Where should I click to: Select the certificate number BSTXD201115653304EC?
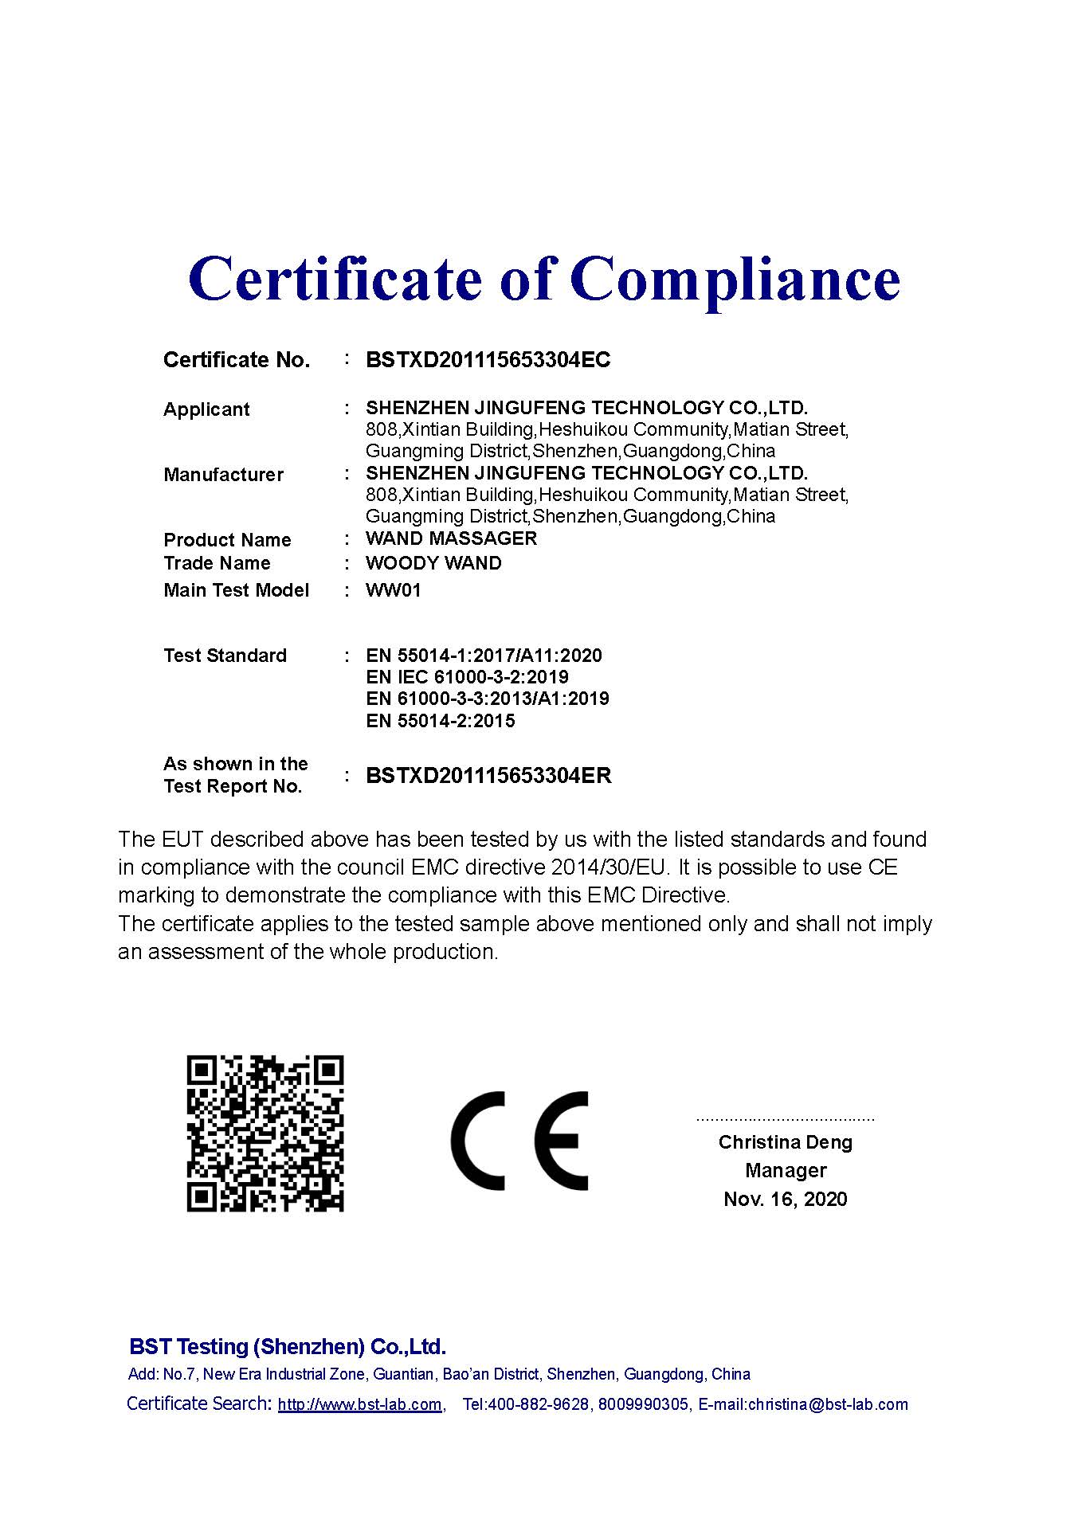[488, 360]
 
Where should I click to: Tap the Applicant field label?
[206, 409]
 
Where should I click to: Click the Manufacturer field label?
[223, 475]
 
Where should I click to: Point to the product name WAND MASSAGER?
[451, 538]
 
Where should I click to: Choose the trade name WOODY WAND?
[433, 563]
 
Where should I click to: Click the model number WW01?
[393, 590]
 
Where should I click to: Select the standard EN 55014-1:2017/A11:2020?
[484, 656]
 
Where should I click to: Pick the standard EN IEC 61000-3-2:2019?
[467, 677]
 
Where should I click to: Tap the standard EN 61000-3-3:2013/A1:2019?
[488, 699]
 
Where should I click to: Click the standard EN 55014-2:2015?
[440, 721]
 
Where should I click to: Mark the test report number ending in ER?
[488, 776]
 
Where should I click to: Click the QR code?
[265, 1133]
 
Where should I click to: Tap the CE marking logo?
[519, 1141]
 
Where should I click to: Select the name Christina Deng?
[785, 1142]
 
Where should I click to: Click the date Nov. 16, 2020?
[785, 1199]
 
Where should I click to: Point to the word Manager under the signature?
[785, 1170]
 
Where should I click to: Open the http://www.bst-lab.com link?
[359, 1404]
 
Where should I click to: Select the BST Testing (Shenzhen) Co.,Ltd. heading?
[288, 1347]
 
